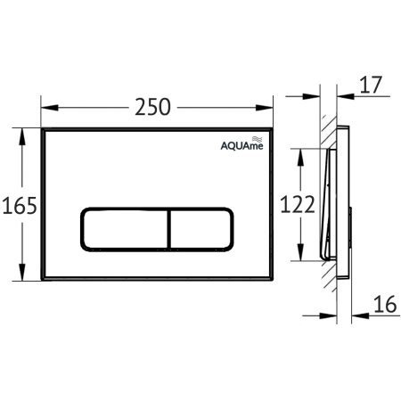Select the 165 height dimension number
coord(19,206)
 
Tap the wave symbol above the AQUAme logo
coord(257,139)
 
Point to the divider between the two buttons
coord(166,229)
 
